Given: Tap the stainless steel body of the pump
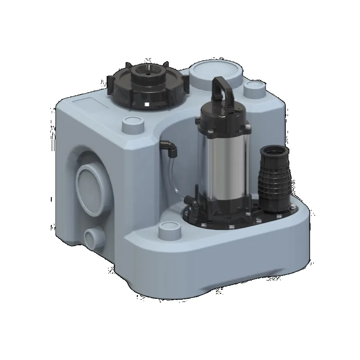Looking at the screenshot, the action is (220, 166).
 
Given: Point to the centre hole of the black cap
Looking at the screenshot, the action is (147, 71).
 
